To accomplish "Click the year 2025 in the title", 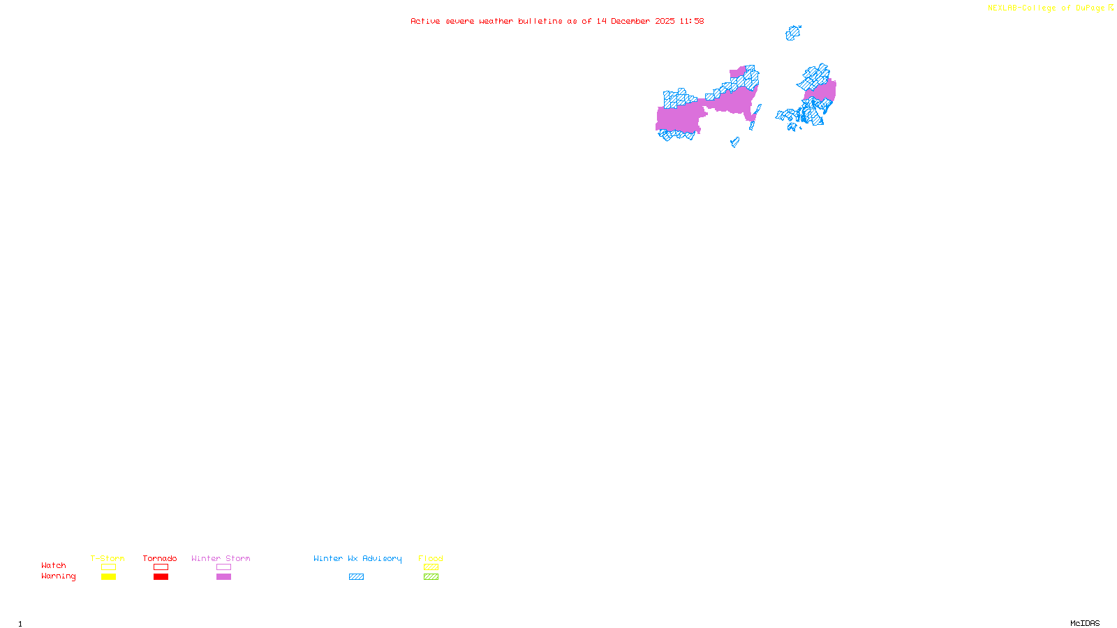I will pos(665,21).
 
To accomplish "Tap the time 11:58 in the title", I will pos(691,21).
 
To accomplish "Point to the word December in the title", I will pos(630,21).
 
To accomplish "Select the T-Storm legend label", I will pos(108,558).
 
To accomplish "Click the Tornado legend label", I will pos(160,558).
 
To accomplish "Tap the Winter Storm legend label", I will pos(221,558).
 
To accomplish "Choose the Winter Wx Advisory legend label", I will pos(357,558).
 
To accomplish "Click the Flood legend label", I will pos(431,558).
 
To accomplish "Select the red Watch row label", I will pos(54,565).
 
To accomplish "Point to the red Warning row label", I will pos(58,576).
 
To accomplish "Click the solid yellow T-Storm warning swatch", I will pos(108,577).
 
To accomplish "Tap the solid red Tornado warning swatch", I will pos(161,577).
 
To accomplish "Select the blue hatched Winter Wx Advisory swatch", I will pos(356,577).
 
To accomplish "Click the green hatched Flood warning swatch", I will pos(431,577).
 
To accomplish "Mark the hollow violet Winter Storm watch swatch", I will pos(223,567).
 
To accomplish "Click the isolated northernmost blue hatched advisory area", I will pos(792,33).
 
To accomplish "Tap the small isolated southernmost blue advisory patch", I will pos(734,142).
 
